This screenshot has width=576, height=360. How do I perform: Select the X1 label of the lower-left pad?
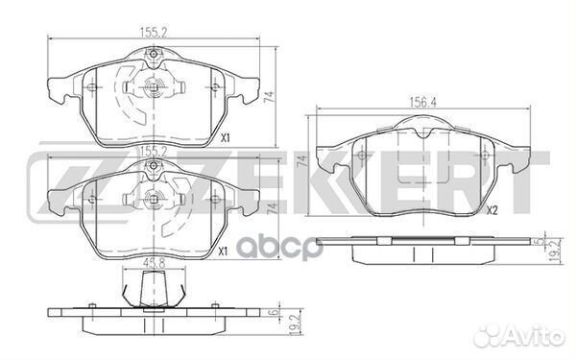tap(223, 252)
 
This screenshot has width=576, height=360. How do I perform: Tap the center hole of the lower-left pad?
tap(154, 202)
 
